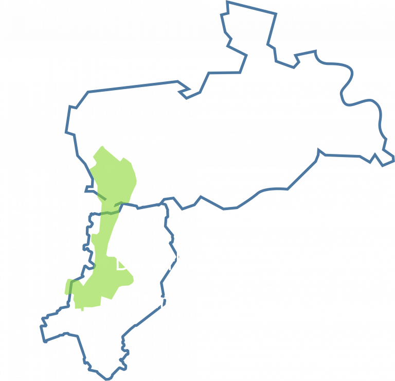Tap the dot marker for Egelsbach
tap(110, 203)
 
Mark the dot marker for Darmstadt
tap(102, 297)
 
